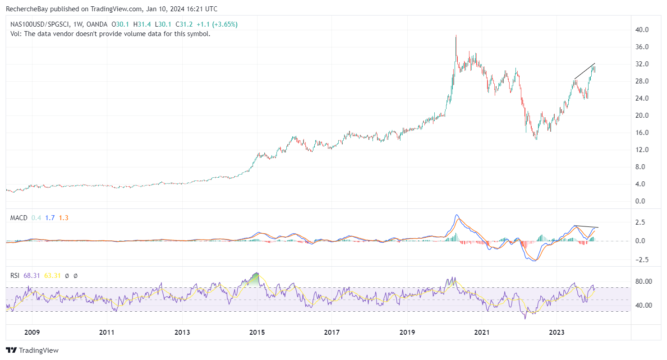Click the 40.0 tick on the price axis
642,30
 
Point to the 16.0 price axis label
642,133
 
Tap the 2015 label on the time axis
257,332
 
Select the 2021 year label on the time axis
482,332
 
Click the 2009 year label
32,332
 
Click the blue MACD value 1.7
50,218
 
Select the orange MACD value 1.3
64,218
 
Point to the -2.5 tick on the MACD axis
641,259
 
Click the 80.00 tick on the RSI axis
643,281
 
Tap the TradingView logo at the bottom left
32,350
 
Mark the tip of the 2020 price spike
456,36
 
